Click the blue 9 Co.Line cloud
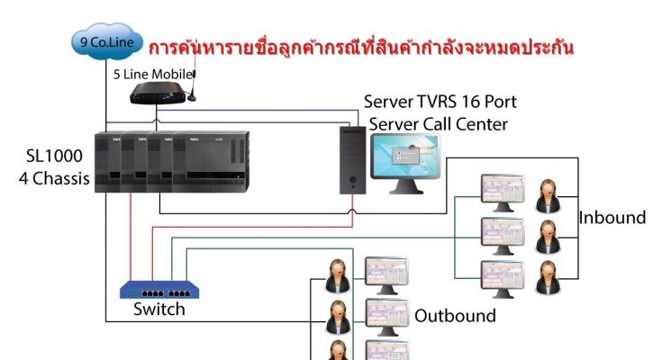coord(107,41)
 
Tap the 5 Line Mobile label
coord(154,75)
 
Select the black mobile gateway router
coord(158,93)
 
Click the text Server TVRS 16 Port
coord(440,102)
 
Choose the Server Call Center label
coord(439,124)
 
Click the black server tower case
coord(353,160)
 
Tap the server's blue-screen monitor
coord(405,163)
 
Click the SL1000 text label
coord(54,157)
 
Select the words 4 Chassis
coord(54,178)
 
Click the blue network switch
coord(159,290)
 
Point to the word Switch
coord(159,310)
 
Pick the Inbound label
coord(612,218)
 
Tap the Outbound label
coord(455,316)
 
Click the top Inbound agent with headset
coord(548,196)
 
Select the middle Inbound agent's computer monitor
coord(503,236)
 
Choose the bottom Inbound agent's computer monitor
coord(503,279)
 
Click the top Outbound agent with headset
coord(338,276)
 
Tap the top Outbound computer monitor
coord(386,275)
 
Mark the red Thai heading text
coord(361,48)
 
